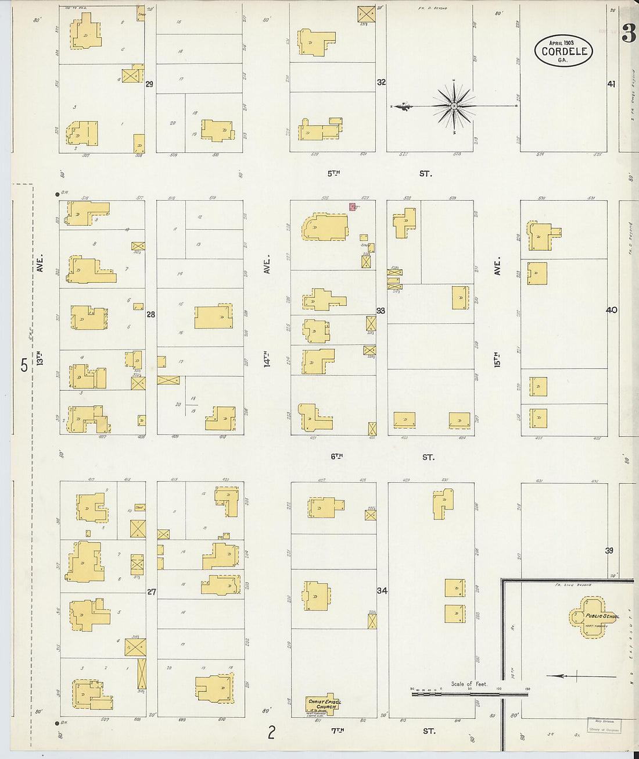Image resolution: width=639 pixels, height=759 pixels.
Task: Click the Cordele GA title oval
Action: (x=563, y=51)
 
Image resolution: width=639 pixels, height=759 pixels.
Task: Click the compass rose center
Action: (x=454, y=106)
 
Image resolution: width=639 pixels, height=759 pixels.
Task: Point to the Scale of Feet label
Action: (x=469, y=684)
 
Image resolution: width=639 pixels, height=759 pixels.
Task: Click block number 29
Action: (x=149, y=84)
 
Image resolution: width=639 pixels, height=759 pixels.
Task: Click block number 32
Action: (x=381, y=83)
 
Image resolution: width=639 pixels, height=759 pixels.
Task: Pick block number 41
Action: (x=611, y=84)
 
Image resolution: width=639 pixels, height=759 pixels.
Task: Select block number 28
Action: (x=151, y=315)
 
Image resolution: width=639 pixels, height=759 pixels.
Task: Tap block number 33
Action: (x=380, y=311)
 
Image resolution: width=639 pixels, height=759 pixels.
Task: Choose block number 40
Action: (x=611, y=310)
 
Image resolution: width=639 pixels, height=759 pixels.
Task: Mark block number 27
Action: (x=151, y=592)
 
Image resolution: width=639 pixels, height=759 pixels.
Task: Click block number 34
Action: (x=382, y=591)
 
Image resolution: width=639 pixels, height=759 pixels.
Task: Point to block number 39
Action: (x=609, y=550)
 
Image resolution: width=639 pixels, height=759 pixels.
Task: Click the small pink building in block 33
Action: (x=352, y=206)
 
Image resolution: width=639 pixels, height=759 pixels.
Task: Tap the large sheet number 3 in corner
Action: (x=629, y=34)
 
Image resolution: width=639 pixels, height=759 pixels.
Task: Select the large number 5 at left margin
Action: (x=24, y=365)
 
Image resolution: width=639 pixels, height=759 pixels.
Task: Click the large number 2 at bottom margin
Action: (x=271, y=733)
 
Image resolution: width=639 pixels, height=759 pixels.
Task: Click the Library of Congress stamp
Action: (x=604, y=725)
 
